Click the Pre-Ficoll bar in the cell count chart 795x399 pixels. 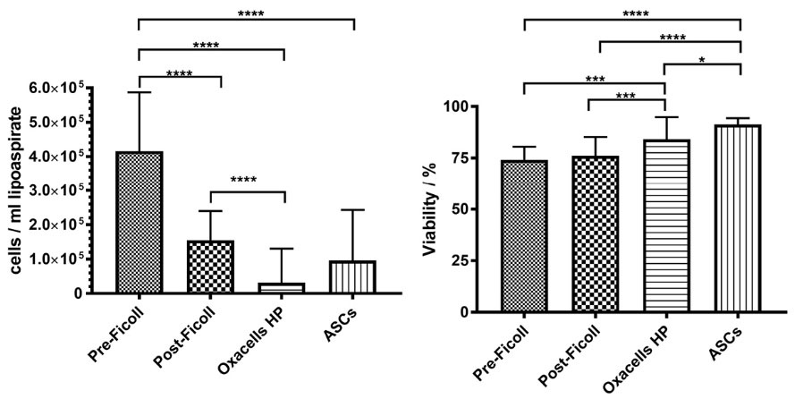pos(140,223)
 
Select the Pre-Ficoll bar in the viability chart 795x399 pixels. pos(523,236)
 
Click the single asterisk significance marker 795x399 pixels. pos(703,59)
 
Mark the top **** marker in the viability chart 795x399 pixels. pos(632,13)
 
